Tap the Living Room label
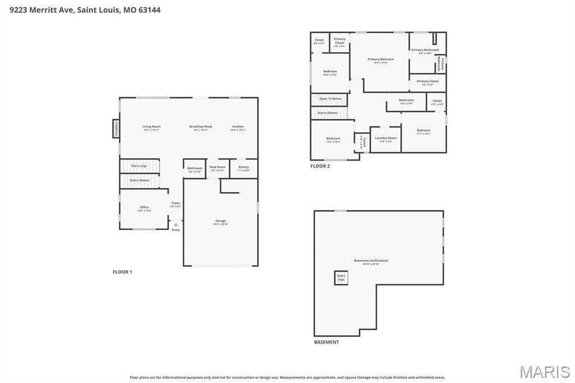point(151,127)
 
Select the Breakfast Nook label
point(200,127)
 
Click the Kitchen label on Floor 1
point(238,127)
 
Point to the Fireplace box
point(116,129)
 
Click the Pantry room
point(244,168)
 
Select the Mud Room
point(217,168)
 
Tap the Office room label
point(144,208)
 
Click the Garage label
point(221,221)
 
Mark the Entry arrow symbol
point(176,225)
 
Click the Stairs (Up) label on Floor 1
point(139,166)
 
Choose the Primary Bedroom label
point(381,60)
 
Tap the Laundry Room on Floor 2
point(385,139)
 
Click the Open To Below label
point(330,99)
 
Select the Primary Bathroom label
point(425,51)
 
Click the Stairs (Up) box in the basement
point(341,277)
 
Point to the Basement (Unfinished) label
point(371,261)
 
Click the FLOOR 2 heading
point(320,166)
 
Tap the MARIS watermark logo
point(544,372)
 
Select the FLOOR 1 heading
point(122,272)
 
